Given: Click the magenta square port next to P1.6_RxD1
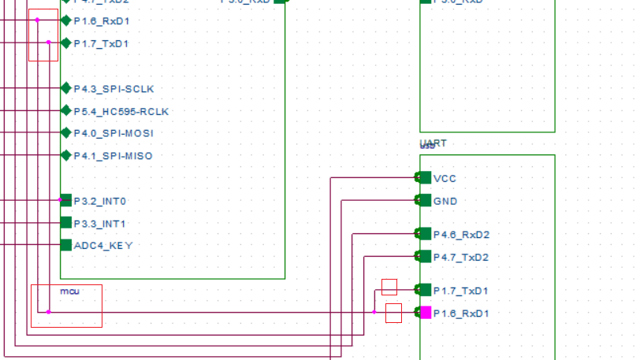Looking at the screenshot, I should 426,313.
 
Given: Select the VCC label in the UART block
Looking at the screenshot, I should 445,178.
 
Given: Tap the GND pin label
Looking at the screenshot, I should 445,201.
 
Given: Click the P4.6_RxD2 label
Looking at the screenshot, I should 460,234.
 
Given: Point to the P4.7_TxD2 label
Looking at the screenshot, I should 460,257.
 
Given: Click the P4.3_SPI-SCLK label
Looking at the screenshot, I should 113,88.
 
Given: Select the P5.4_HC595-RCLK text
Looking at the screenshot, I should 121,111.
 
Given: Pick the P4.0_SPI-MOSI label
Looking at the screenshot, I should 113,133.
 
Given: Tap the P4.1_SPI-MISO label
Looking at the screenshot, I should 113,156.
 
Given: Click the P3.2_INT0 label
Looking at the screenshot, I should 99,201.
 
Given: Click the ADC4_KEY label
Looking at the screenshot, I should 103,246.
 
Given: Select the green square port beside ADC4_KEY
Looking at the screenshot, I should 66,245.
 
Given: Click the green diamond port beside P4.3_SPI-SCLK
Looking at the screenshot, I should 66,88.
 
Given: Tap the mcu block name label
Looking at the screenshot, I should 69,291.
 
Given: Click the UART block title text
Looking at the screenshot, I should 433,143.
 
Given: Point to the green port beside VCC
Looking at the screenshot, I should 425,177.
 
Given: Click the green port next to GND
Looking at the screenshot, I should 425,200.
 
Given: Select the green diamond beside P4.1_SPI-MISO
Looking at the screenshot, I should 66,155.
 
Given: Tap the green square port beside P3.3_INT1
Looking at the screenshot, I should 66,223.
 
